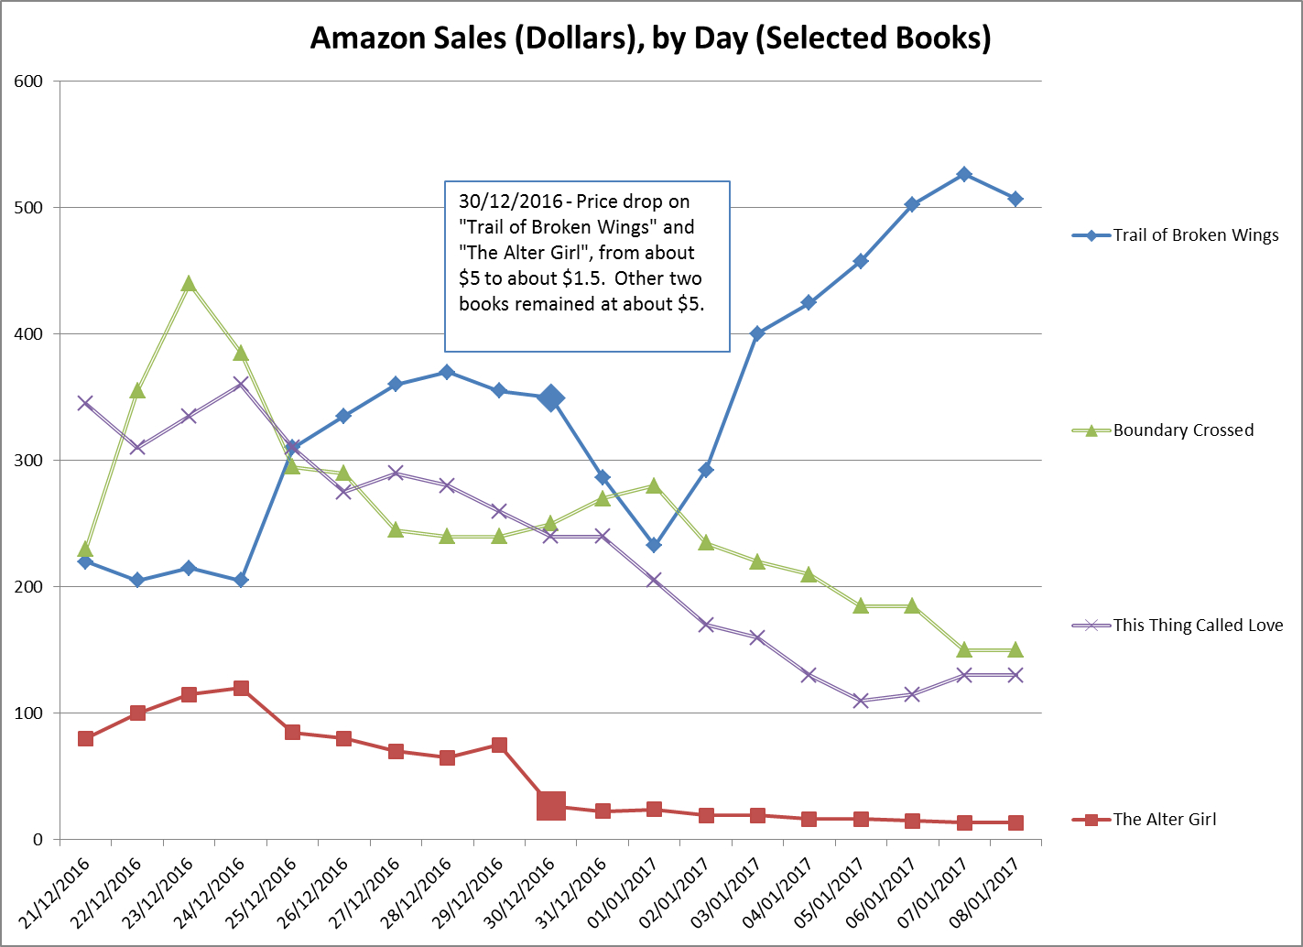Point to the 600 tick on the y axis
(28, 82)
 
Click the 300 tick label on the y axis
(28, 461)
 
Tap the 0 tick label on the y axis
(38, 840)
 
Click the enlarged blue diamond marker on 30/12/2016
(550, 397)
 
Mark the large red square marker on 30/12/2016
(550, 806)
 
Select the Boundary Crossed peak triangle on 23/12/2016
(189, 284)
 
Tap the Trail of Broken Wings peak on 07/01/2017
(963, 174)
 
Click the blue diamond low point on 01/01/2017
(654, 545)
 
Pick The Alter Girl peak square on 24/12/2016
(241, 688)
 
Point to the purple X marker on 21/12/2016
(85, 403)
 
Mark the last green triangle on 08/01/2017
(1015, 649)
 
